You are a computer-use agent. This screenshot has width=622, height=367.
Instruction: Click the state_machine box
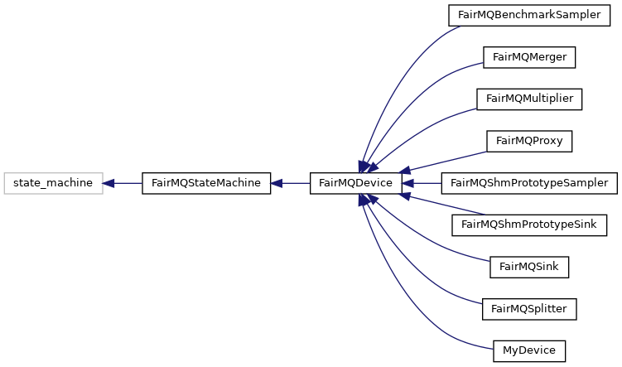coord(53,183)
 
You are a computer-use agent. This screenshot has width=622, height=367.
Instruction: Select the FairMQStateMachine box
coord(206,183)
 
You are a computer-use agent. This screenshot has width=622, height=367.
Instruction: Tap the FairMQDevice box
coord(355,183)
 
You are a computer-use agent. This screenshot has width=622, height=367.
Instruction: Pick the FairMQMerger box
coord(528,57)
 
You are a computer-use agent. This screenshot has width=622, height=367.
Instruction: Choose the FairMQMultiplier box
coord(529,99)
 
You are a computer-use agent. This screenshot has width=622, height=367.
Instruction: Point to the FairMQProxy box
coord(528,141)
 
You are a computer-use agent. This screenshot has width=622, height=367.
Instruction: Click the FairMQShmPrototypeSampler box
coord(529,183)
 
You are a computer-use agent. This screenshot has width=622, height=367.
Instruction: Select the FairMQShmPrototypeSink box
coord(528,225)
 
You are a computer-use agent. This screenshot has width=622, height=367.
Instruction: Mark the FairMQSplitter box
coord(528,309)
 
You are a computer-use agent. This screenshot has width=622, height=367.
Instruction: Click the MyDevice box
coord(528,350)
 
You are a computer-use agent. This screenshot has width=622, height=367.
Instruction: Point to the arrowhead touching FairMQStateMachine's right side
coord(277,183)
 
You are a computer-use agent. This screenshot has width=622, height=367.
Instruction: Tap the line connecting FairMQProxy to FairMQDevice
coord(447,161)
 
